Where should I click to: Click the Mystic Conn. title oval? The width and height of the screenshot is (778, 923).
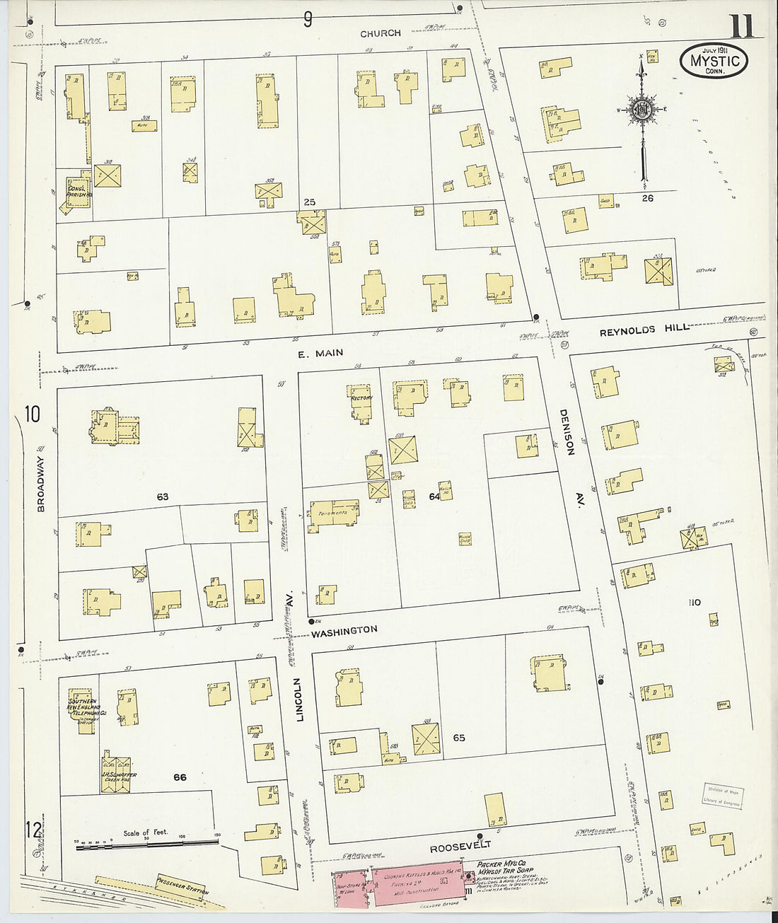coord(714,61)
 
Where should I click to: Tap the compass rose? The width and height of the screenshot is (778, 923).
coord(642,110)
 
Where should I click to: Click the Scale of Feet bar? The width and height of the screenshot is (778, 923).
coord(147,843)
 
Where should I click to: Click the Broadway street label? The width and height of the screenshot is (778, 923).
coord(41,484)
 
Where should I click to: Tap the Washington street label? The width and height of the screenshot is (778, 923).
coord(344,630)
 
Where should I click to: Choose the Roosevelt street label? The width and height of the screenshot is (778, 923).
coord(460,845)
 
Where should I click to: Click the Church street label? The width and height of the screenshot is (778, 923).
coord(380,33)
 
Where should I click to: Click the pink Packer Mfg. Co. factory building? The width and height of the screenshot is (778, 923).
coord(417,884)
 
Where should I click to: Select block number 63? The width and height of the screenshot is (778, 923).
coord(163,497)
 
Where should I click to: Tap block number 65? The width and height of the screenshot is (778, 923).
coord(459,738)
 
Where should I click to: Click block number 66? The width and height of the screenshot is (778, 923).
coord(180,777)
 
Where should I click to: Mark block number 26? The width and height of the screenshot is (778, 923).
coord(647,198)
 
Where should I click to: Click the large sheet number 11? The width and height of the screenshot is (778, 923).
coord(741,26)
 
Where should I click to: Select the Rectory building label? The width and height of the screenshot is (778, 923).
coord(361,398)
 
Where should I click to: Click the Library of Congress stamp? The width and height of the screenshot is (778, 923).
coord(723,796)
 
